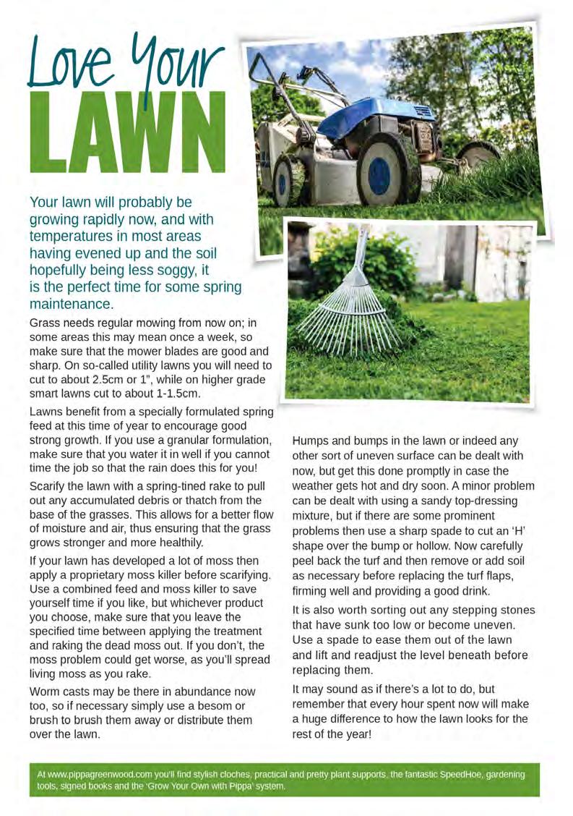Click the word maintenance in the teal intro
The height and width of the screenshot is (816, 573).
pyautogui.click(x=71, y=304)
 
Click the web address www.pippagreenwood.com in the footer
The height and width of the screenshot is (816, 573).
pyautogui.click(x=99, y=774)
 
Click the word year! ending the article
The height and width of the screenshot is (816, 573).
pyautogui.click(x=358, y=734)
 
